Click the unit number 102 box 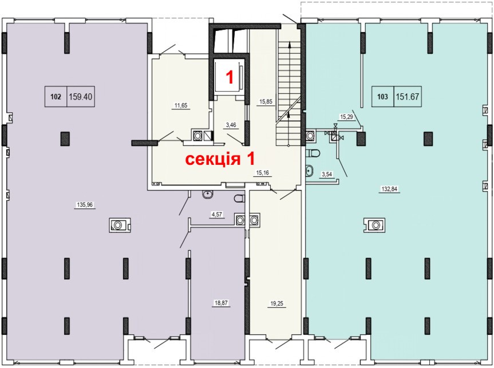pyautogui.click(x=56, y=96)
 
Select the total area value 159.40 pyautogui.click(x=81, y=96)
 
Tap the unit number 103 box pyautogui.click(x=383, y=96)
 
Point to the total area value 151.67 pyautogui.click(x=408, y=96)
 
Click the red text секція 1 pyautogui.click(x=220, y=159)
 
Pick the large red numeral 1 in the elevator pyautogui.click(x=230, y=77)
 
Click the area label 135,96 pyautogui.click(x=85, y=205)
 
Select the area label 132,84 pyautogui.click(x=389, y=189)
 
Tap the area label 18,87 pyautogui.click(x=221, y=303)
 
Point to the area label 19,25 pyautogui.click(x=277, y=304)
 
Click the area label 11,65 pyautogui.click(x=181, y=105)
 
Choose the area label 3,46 pyautogui.click(x=231, y=125)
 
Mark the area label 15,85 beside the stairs pyautogui.click(x=266, y=102)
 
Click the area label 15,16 pyautogui.click(x=262, y=173)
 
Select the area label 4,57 pyautogui.click(x=217, y=215)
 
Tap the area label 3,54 pyautogui.click(x=327, y=174)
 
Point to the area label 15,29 pyautogui.click(x=346, y=117)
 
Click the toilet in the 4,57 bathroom pyautogui.click(x=240, y=199)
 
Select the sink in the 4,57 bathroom pyautogui.click(x=208, y=195)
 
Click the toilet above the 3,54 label pyautogui.click(x=313, y=153)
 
